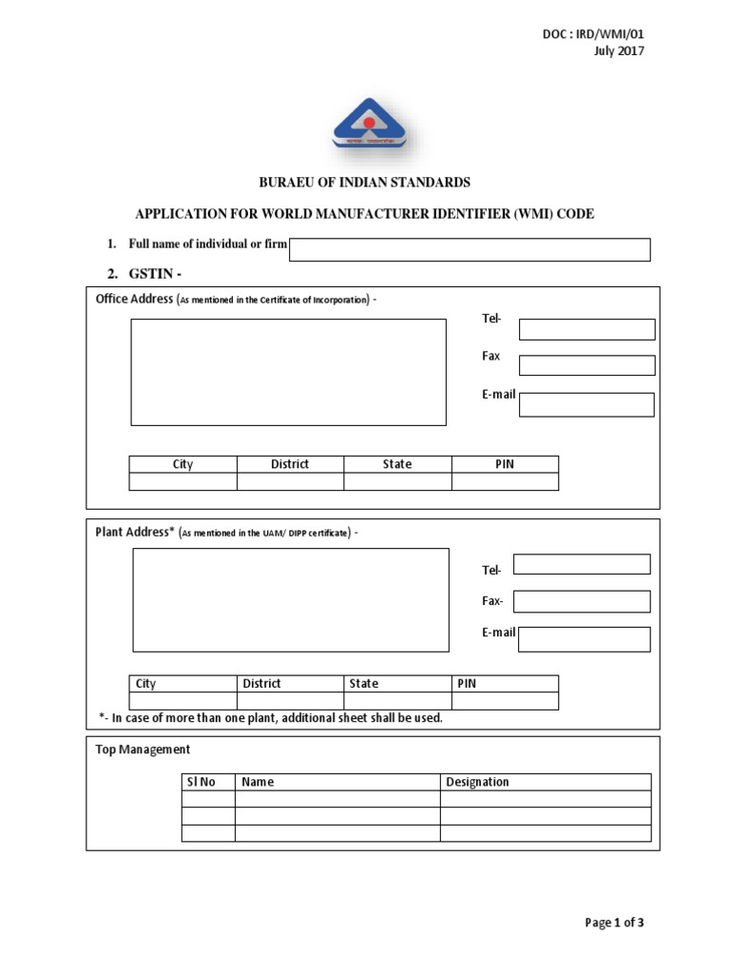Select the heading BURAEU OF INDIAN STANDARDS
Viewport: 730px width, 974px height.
click(365, 182)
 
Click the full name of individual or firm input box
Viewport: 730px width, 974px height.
click(470, 249)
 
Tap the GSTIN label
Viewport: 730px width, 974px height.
click(155, 274)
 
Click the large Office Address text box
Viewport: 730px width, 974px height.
click(288, 372)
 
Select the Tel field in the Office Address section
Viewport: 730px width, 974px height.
click(586, 329)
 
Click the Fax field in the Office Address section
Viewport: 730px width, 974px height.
click(586, 365)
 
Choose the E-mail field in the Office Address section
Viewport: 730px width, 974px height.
click(586, 404)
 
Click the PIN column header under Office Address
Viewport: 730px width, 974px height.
click(505, 464)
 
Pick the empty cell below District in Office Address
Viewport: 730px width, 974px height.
click(290, 481)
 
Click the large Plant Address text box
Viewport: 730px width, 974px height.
click(290, 600)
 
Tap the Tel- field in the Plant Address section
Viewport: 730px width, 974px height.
click(582, 564)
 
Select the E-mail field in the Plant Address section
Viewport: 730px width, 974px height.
click(585, 639)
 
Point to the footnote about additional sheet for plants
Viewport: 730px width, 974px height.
click(271, 718)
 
